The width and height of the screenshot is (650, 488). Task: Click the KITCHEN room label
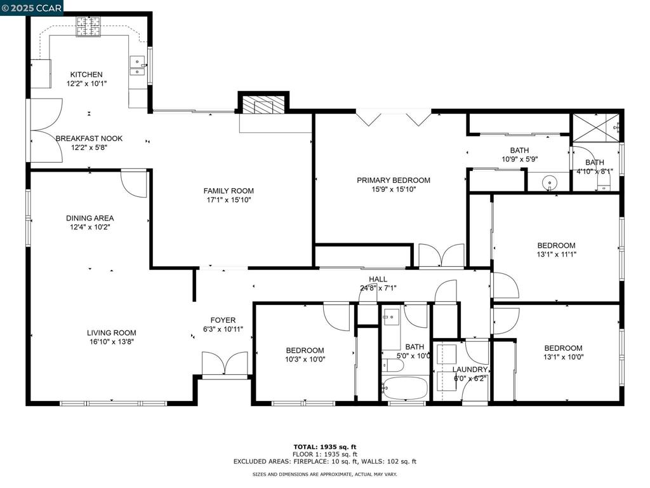(86, 75)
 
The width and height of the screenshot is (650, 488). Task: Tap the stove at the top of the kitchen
(88, 27)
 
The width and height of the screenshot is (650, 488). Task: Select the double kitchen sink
(137, 66)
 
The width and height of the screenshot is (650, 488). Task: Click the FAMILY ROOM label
(229, 191)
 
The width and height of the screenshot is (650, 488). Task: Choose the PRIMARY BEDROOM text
(394, 180)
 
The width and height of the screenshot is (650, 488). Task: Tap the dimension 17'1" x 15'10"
(229, 200)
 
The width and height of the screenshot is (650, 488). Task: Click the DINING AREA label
(90, 219)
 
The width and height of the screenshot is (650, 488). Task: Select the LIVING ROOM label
(112, 333)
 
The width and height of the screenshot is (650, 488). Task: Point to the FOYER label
(223, 320)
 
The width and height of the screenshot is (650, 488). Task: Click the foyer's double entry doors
(225, 364)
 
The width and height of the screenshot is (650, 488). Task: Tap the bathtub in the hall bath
(404, 388)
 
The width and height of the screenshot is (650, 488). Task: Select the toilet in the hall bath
(393, 365)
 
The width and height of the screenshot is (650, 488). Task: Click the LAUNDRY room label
(470, 369)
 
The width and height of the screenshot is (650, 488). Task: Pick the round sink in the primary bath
(550, 182)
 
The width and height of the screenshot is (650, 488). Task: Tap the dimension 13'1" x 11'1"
(557, 254)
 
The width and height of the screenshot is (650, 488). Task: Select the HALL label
(378, 280)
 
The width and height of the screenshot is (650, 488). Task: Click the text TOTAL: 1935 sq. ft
(325, 447)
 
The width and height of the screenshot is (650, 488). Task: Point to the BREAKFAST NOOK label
(89, 139)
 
